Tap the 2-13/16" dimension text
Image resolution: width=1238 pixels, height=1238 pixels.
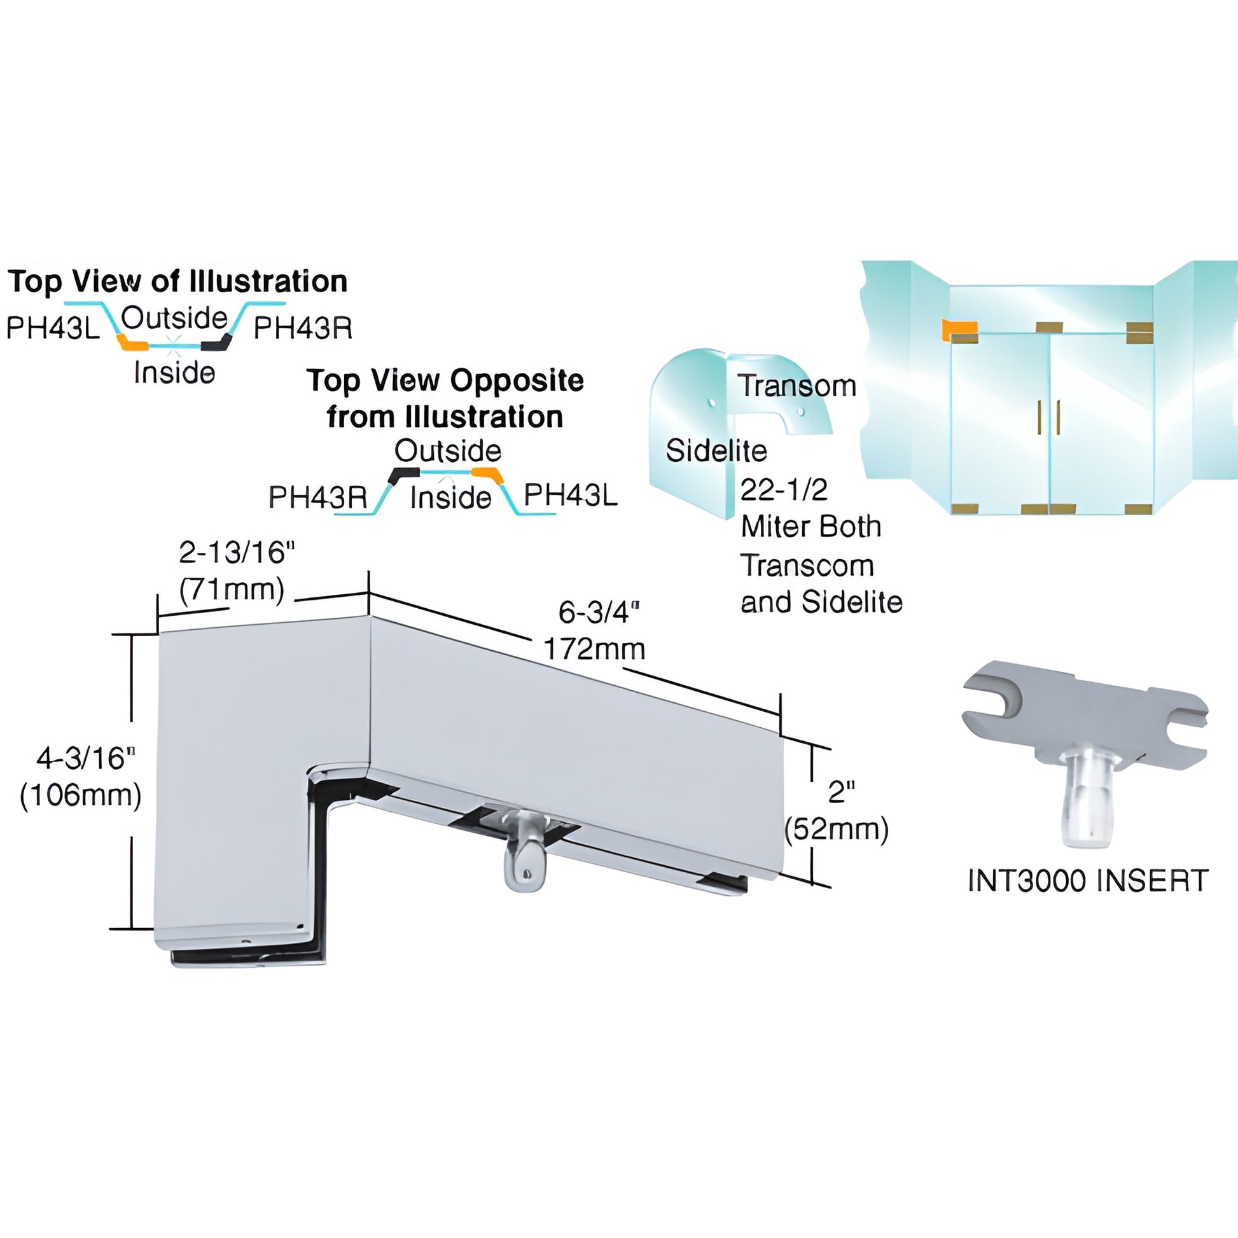point(237,552)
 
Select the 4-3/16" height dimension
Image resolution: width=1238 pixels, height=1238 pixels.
point(85,758)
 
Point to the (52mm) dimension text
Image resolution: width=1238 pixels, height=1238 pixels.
point(836,829)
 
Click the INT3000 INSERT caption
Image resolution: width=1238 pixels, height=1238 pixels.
point(1087,880)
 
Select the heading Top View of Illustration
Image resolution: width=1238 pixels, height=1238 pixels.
point(177,281)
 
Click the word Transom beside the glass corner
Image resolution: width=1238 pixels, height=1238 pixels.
point(796,385)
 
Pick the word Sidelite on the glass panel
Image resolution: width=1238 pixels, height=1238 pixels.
point(716,450)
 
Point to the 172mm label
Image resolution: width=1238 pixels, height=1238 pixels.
point(594,649)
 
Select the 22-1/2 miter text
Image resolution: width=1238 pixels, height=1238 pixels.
point(784,490)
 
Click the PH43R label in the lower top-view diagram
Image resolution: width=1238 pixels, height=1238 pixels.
point(318,497)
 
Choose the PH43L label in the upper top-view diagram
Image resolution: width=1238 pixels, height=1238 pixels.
point(53,328)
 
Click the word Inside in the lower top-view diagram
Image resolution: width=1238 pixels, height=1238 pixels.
point(450,497)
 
